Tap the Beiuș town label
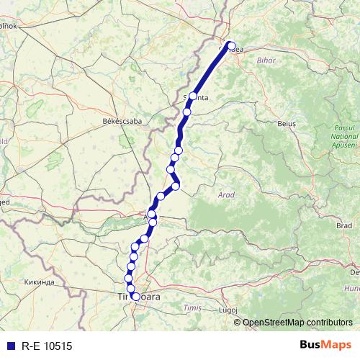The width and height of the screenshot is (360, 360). pyautogui.click(x=286, y=124)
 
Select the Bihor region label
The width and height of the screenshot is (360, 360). pyautogui.click(x=265, y=60)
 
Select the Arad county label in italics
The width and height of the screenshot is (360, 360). pyautogui.click(x=225, y=194)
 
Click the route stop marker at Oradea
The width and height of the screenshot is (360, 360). pyautogui.click(x=231, y=46)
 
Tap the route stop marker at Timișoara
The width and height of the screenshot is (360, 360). pyautogui.click(x=135, y=296)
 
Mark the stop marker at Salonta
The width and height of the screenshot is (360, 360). pyautogui.click(x=193, y=96)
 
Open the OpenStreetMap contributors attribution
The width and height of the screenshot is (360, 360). pyautogui.click(x=297, y=323)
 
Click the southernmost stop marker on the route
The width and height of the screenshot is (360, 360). pyautogui.click(x=135, y=296)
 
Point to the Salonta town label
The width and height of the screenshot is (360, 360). pyautogui.click(x=196, y=99)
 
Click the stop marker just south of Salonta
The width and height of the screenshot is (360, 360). pyautogui.click(x=187, y=112)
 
